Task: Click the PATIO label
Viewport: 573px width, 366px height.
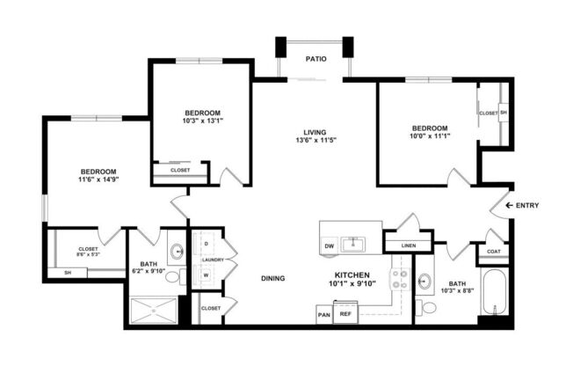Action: [316, 59]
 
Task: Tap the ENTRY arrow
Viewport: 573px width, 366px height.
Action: [509, 205]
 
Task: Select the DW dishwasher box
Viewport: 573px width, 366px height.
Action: [330, 246]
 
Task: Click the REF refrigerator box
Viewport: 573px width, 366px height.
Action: [345, 314]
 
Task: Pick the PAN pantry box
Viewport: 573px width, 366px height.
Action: [323, 314]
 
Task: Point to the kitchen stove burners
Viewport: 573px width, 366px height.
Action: [400, 279]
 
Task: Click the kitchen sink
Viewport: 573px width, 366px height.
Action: [353, 245]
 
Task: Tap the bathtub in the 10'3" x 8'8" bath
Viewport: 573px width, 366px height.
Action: [495, 292]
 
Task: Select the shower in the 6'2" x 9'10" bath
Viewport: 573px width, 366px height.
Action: [154, 311]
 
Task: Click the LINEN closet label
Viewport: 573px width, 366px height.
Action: [408, 245]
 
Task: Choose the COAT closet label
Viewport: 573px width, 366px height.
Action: [494, 252]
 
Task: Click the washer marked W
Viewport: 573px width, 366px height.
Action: [207, 274]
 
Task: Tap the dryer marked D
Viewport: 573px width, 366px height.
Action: [207, 244]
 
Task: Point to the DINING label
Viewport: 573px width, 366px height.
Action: [273, 279]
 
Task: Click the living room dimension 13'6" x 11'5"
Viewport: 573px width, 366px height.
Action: [316, 140]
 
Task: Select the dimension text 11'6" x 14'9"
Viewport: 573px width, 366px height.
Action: [98, 179]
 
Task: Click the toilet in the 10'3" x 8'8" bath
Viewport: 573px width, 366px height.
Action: [426, 307]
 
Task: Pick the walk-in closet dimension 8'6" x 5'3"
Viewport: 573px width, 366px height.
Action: [88, 254]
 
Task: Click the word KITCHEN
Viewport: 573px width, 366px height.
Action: [352, 274]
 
